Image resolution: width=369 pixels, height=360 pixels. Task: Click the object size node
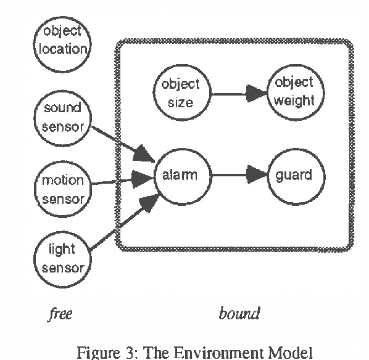180,92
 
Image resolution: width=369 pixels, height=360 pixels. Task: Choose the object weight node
294,92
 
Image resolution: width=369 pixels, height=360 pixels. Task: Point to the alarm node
180,175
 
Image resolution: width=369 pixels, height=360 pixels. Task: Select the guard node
294,175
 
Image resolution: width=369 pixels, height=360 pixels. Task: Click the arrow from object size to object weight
238,93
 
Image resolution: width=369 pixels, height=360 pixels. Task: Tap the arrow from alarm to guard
238,175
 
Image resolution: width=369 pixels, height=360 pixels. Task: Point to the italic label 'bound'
239,314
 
